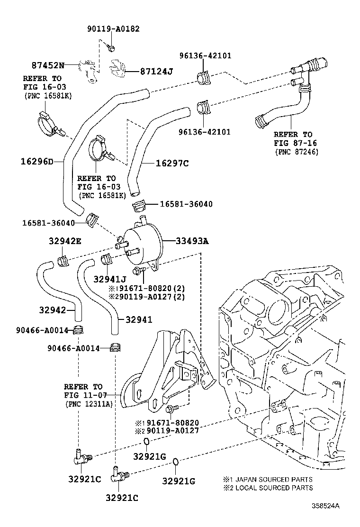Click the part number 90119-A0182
114,29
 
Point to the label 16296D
37,162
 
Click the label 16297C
172,164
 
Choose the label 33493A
192,241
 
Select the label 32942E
65,241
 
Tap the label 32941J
110,279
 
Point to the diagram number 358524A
325,506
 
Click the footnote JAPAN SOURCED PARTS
274,479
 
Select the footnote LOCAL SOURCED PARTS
274,488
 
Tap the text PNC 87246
297,152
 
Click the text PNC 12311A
89,404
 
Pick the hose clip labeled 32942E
63,261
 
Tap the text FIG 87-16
295,143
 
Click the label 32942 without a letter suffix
53,310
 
